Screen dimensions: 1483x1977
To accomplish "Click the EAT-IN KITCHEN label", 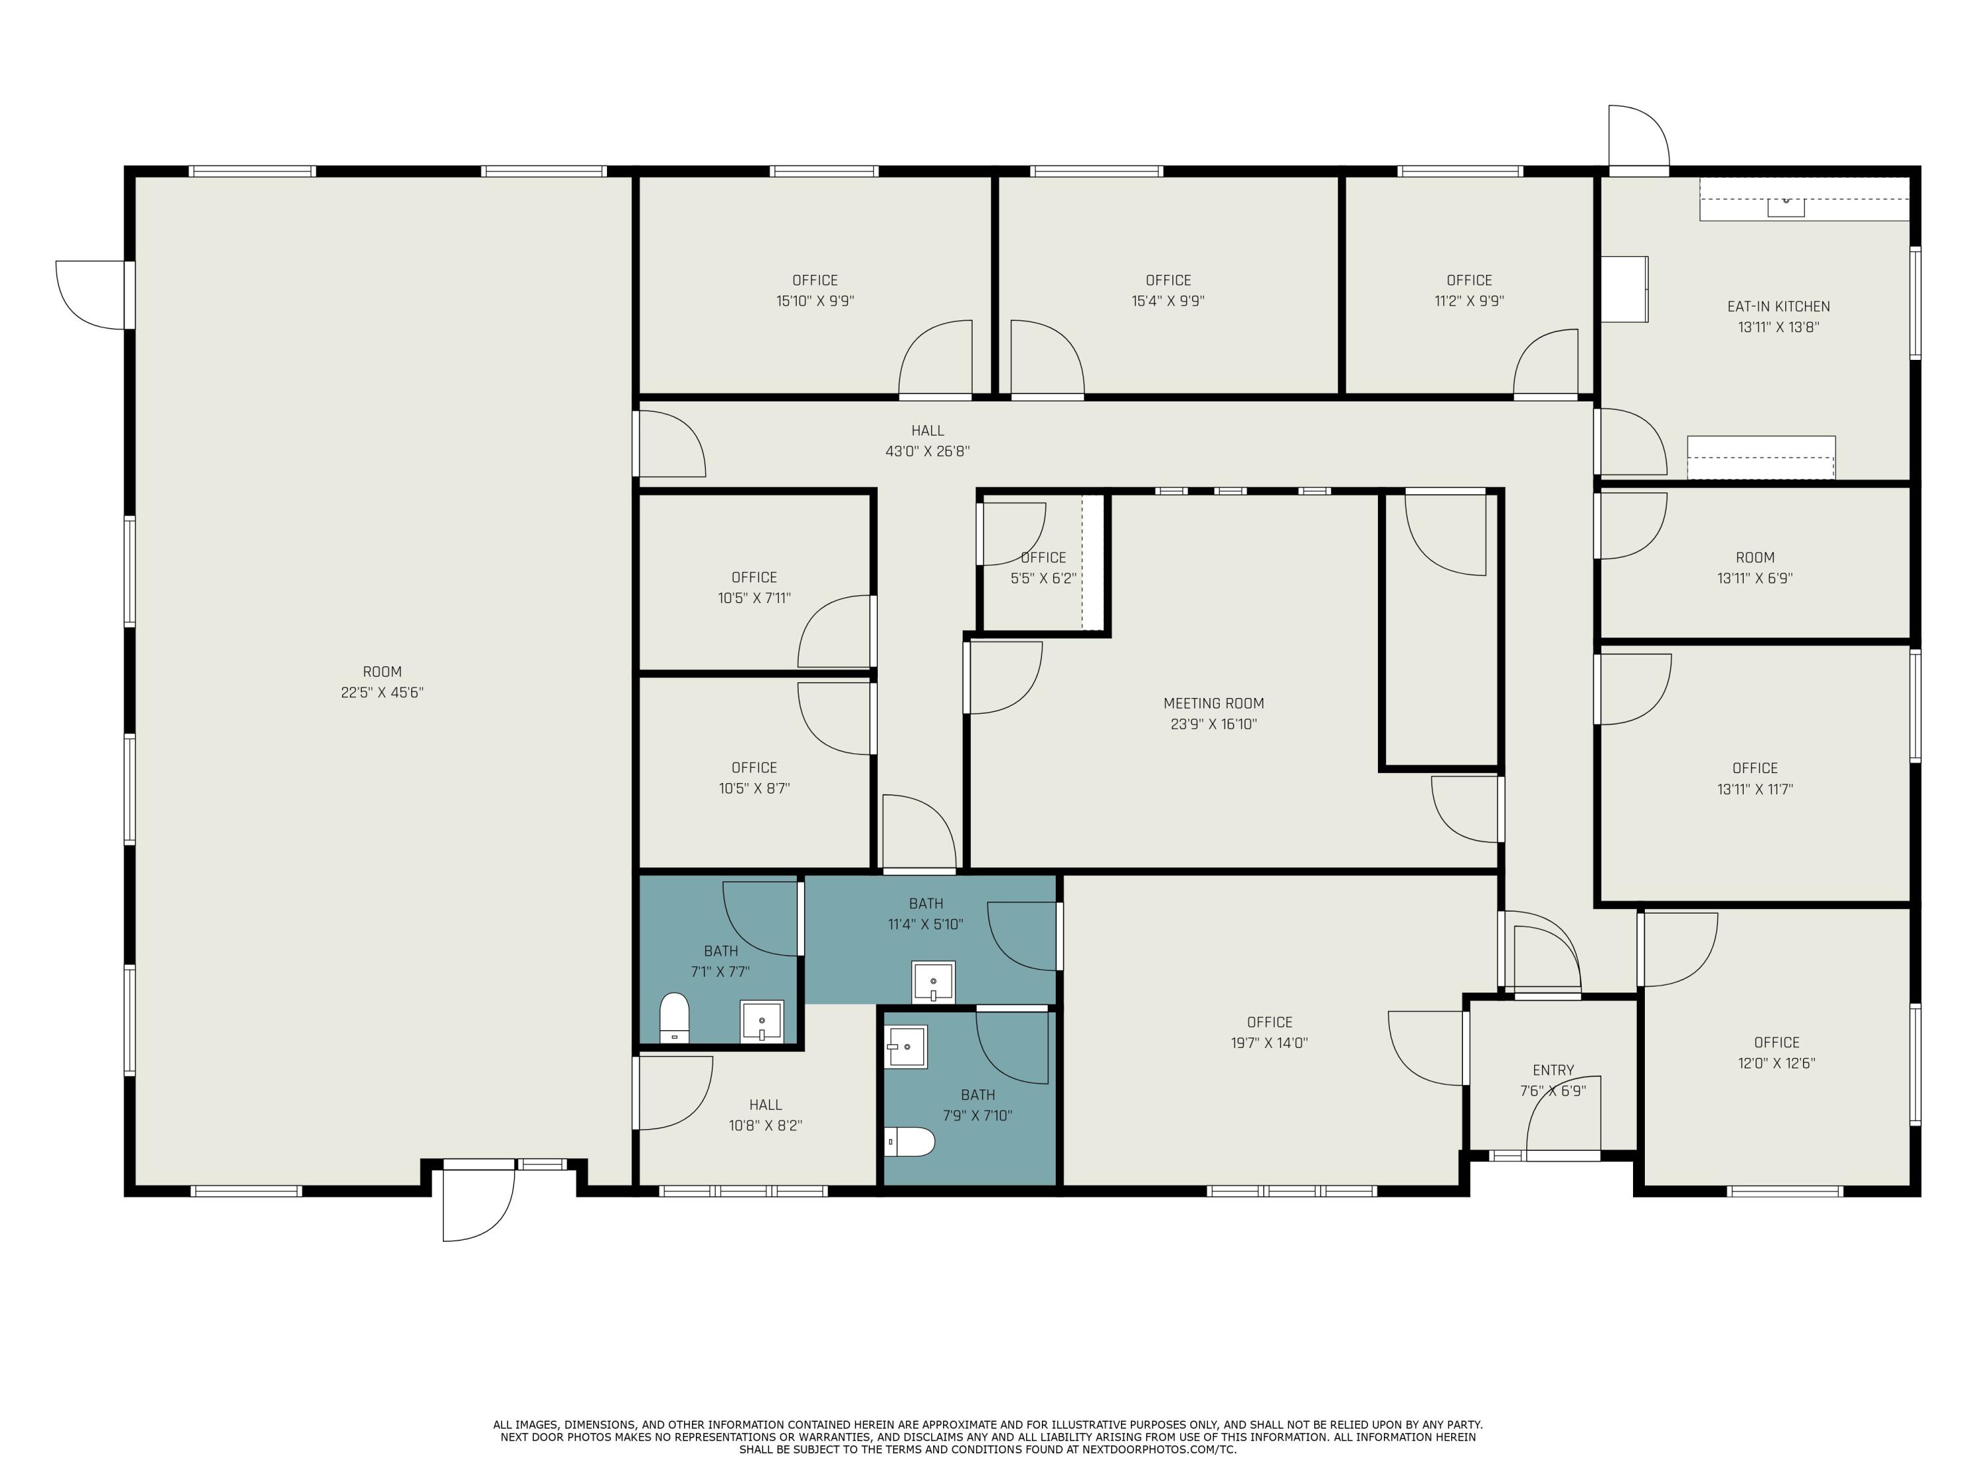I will [1778, 306].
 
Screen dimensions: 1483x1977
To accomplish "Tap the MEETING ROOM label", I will [1213, 703].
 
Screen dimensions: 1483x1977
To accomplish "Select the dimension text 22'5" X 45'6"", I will [382, 693].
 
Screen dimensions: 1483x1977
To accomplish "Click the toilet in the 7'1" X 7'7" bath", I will [674, 1017].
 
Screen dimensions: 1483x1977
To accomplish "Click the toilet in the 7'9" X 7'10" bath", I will [911, 1142].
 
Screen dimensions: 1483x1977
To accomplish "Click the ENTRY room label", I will [1553, 1070].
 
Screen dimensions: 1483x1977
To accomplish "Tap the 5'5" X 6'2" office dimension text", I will [1042, 578].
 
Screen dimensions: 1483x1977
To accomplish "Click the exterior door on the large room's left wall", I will [90, 294].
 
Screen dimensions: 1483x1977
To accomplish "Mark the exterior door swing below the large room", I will [478, 1206].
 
